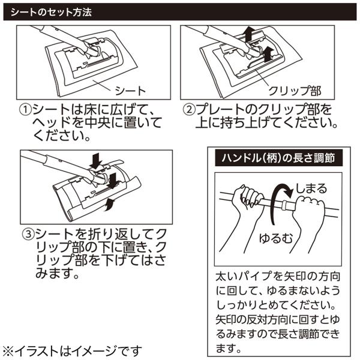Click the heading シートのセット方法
51,12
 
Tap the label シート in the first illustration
130,91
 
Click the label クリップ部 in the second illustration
295,91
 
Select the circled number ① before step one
26,110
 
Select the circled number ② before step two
189,109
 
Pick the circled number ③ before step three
28,234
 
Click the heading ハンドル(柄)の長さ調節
278,158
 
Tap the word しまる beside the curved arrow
311,189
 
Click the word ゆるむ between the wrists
276,238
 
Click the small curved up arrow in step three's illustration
110,205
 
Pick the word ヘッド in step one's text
52,123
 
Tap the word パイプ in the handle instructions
259,276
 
